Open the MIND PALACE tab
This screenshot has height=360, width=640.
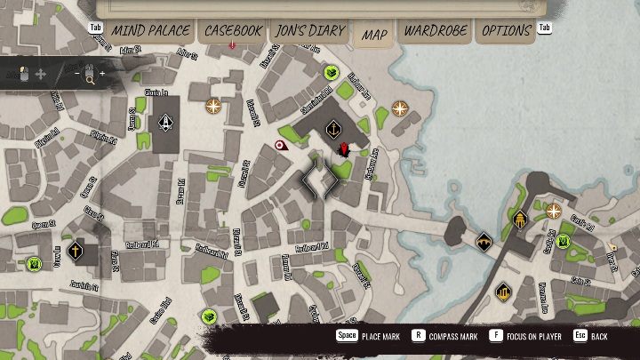point(150,31)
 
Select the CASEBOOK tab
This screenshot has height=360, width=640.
point(234,31)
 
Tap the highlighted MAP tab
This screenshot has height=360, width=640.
point(374,35)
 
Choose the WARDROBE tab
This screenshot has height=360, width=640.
point(436,31)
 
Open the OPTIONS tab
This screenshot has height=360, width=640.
point(506,31)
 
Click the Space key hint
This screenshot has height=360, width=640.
point(346,336)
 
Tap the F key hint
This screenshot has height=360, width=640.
point(494,336)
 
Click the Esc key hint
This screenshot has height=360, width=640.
point(580,336)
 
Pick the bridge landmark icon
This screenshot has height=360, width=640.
point(484,241)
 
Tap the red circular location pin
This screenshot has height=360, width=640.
point(281,145)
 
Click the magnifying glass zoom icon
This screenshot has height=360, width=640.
point(90,77)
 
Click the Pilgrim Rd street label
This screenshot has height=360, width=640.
point(103,137)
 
